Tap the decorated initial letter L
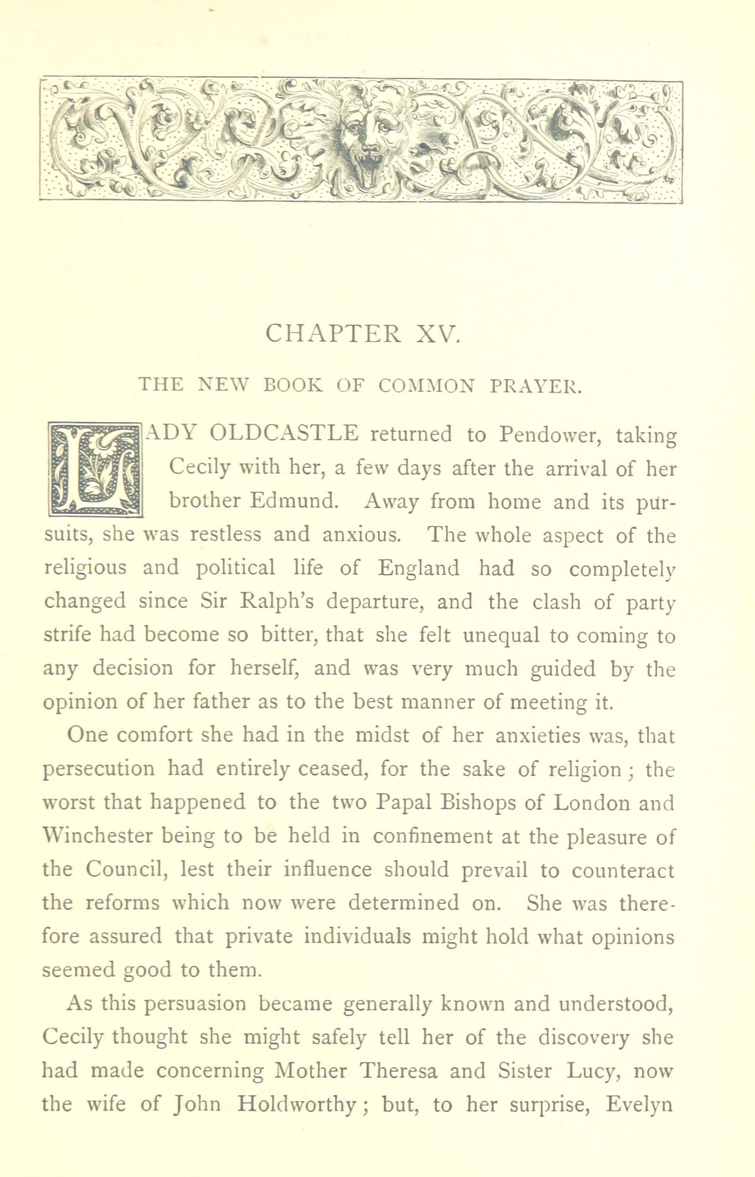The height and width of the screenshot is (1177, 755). coord(95,468)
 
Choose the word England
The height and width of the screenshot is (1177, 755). coord(419,568)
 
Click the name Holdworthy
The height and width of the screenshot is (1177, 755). coord(296,1105)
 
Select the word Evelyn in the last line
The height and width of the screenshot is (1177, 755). coord(639,1105)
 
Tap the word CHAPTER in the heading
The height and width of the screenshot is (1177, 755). coord(333,334)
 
